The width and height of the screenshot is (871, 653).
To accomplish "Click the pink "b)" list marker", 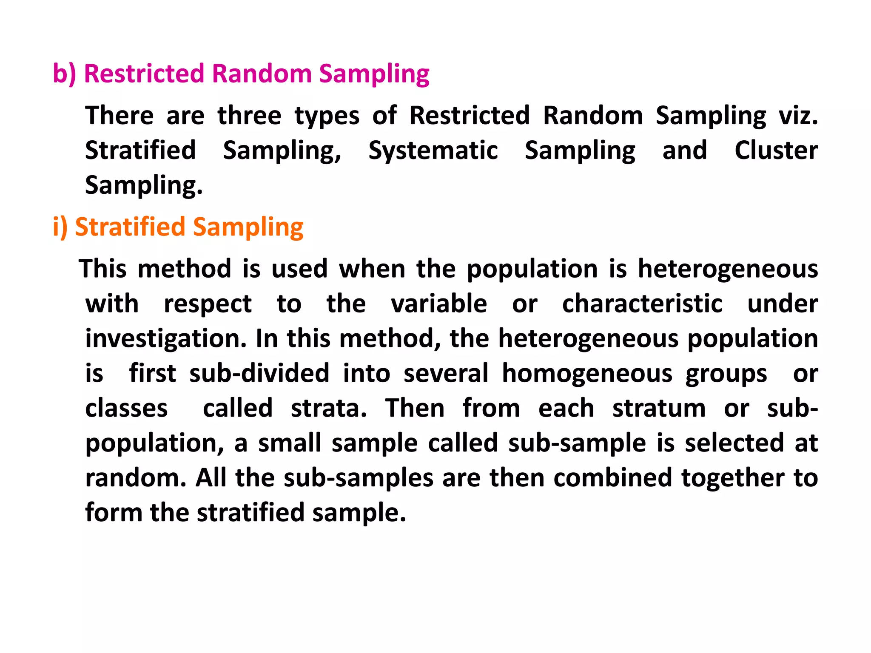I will coord(64,74).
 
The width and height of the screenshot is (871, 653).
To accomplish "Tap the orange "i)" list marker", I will coord(60,227).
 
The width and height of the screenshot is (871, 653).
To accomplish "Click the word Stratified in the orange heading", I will coord(130,227).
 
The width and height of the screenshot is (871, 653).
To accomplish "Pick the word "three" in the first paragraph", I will coord(249,116).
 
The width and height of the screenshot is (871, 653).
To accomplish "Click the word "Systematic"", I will coord(433,150).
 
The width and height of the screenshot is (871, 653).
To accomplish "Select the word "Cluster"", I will coord(776,150).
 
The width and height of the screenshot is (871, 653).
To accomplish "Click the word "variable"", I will coord(439,304).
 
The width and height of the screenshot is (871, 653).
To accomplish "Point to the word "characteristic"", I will coord(642,304).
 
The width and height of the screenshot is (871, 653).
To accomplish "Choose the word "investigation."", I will coord(166,339).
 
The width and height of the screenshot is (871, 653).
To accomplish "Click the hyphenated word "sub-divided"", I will coord(259,374).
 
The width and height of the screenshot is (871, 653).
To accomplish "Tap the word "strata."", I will coord(329,408).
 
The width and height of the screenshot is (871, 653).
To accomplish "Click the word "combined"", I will coord(613,478).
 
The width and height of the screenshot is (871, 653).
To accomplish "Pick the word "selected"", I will coord(734,443).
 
